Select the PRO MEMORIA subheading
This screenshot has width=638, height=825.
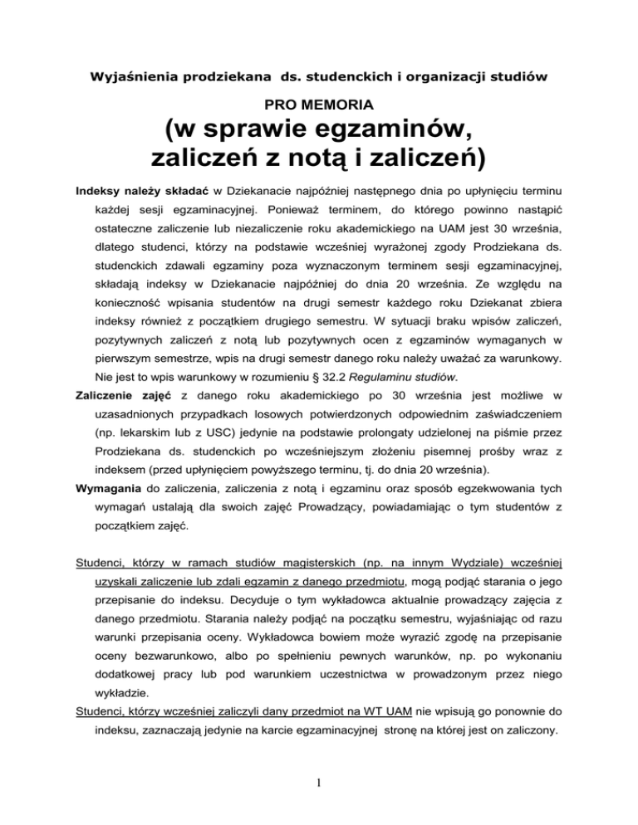click(x=319, y=106)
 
